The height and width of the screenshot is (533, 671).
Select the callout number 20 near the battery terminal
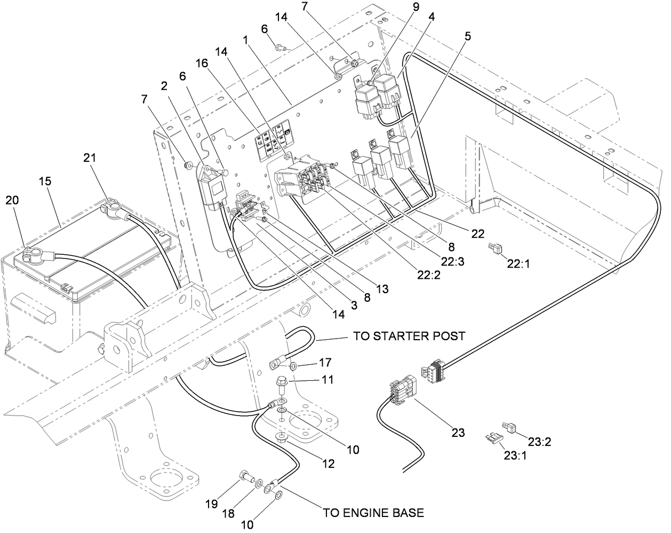tap(12, 200)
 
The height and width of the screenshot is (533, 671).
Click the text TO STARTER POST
tap(409, 336)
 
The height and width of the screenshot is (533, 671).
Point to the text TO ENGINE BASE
tap(373, 513)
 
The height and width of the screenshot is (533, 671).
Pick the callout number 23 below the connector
tap(458, 432)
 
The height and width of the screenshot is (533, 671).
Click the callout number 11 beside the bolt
tap(327, 380)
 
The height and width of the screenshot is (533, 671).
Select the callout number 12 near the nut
tap(327, 464)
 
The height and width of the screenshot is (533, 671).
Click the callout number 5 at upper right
tap(468, 37)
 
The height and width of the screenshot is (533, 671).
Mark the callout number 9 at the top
tap(416, 7)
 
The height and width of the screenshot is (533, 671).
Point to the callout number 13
tap(382, 289)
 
